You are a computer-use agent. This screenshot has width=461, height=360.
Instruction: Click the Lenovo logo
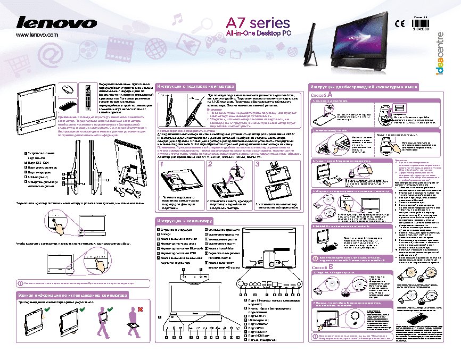click(x=56, y=23)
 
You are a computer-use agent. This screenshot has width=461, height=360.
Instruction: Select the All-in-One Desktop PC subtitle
click(x=259, y=34)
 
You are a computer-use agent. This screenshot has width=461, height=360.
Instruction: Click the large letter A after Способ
click(x=331, y=94)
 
